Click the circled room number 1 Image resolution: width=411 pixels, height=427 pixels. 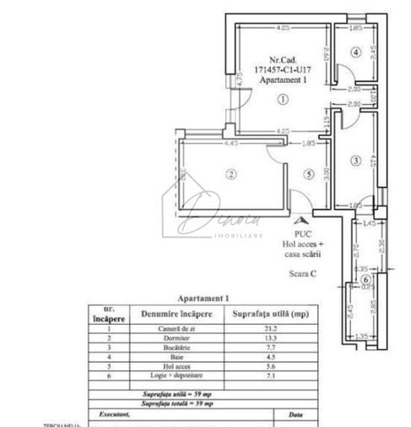point(284,99)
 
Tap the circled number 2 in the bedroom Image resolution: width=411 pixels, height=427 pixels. point(229,175)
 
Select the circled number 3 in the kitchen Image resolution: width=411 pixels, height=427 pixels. point(356,160)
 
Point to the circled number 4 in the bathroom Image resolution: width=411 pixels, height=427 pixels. point(356,52)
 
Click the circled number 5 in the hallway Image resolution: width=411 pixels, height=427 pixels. point(309,175)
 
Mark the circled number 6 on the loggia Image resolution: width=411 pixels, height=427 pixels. point(365,280)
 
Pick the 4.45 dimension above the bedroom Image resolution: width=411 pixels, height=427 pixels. point(229,144)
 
